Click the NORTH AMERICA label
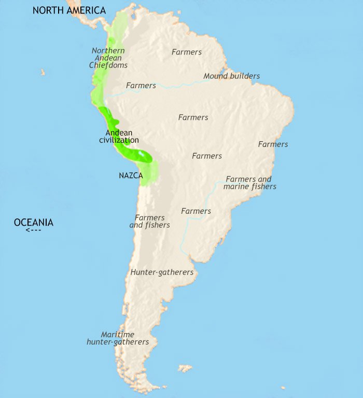69,10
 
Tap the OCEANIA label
33,223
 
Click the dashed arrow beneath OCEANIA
33,230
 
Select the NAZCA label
131,176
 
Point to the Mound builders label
231,76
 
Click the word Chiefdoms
108,65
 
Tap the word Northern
108,50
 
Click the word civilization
119,140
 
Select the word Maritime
118,335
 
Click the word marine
236,186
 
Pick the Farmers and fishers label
149,222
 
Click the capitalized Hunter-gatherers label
162,272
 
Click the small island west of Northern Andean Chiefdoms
43,72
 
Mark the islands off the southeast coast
185,368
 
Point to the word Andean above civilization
118,133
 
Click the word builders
245,76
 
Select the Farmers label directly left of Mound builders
141,85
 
